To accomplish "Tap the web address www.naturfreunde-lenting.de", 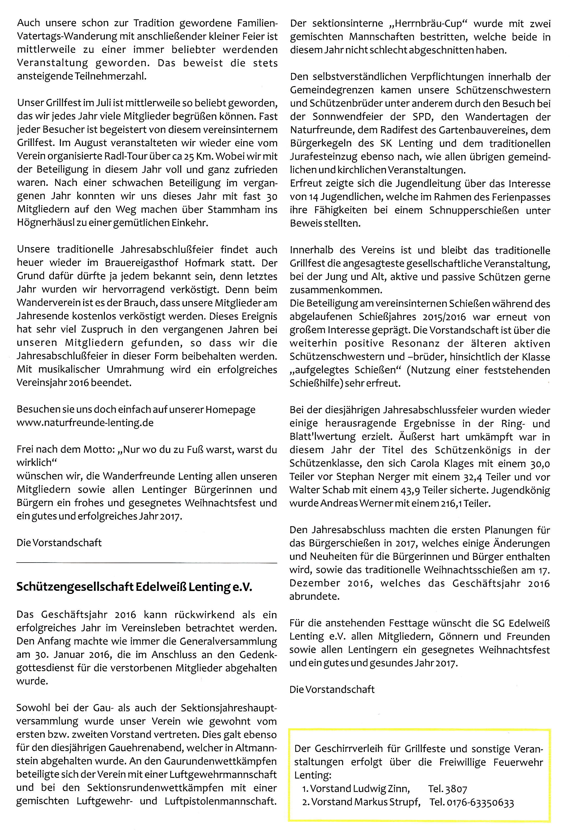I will coord(85,423).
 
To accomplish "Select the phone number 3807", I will coord(456,789).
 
